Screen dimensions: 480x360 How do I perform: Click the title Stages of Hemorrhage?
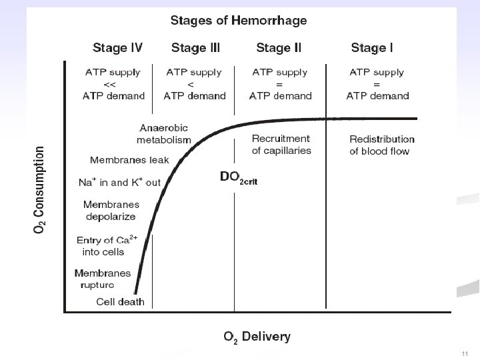(x=239, y=21)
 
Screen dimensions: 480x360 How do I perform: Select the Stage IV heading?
(x=117, y=48)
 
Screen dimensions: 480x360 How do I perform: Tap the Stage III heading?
(x=195, y=48)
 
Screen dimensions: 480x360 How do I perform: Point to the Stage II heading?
(x=279, y=48)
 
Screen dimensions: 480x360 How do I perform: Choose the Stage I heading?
(x=372, y=48)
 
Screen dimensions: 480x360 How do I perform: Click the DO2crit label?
(x=239, y=178)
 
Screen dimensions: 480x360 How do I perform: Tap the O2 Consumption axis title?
(x=39, y=190)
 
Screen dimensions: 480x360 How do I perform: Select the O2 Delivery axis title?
(x=257, y=337)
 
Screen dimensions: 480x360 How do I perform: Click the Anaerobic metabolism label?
(x=164, y=134)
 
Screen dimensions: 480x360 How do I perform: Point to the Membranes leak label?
(x=129, y=160)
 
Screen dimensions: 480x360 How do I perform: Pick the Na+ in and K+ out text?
(x=119, y=182)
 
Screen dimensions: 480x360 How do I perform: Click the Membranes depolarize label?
(x=111, y=210)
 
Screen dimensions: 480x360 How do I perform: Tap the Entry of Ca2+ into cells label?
(x=107, y=245)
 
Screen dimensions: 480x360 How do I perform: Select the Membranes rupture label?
(x=103, y=279)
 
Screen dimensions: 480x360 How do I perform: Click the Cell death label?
(x=120, y=302)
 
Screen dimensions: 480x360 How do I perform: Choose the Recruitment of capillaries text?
(x=281, y=145)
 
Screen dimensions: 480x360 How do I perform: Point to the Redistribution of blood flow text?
(x=382, y=145)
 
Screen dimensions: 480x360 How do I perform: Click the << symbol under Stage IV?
(x=109, y=85)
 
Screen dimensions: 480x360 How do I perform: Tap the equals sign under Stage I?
(x=377, y=85)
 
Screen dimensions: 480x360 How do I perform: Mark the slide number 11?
(x=465, y=354)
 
